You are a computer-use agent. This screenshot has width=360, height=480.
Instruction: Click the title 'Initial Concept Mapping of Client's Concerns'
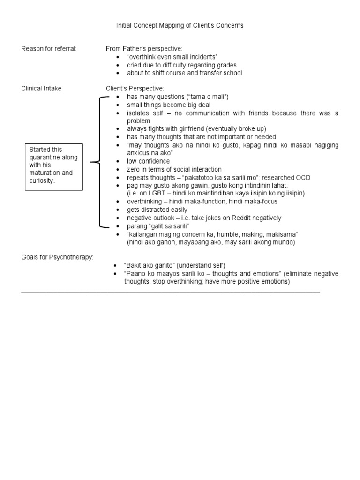[x=180, y=25]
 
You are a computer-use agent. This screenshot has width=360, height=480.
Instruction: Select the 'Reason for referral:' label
[x=49, y=49]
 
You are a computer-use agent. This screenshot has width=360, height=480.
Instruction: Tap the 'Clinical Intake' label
[x=41, y=89]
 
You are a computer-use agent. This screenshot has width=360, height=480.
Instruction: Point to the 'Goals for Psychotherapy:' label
[x=57, y=257]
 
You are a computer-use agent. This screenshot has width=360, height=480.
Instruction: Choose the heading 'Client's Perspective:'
[x=135, y=89]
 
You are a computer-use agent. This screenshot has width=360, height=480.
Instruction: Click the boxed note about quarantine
[x=54, y=165]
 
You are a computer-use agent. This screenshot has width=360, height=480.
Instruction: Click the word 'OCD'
[x=303, y=178]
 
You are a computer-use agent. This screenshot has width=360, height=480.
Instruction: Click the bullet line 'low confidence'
[x=148, y=161]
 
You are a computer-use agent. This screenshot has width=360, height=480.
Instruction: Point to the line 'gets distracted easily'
[x=157, y=210]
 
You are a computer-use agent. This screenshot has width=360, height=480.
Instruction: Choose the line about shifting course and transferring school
[x=184, y=73]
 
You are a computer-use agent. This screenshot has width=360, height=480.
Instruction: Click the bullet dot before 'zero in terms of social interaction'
[x=118, y=170]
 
